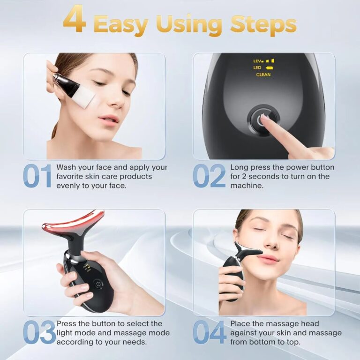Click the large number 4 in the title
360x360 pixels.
[75, 21]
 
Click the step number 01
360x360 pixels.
[37, 177]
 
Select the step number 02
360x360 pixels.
[209, 177]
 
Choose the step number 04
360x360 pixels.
[209, 332]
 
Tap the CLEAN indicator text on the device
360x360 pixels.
[263, 75]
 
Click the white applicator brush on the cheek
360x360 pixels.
[83, 96]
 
